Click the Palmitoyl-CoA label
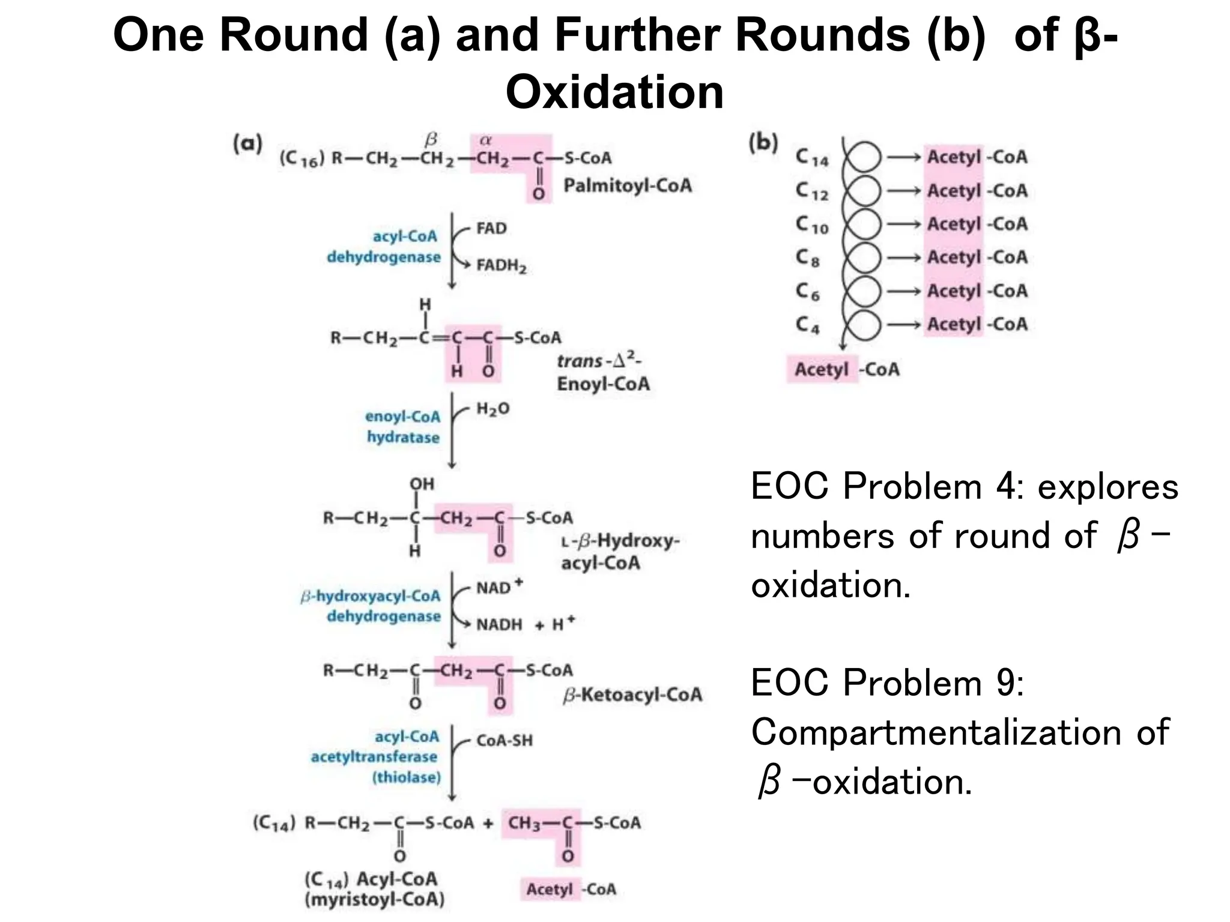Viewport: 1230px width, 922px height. [x=627, y=185]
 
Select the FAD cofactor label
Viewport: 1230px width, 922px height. [x=491, y=228]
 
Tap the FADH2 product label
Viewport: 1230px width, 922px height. [x=501, y=265]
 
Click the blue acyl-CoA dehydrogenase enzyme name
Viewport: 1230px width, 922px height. [x=384, y=247]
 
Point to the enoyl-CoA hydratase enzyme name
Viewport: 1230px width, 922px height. [x=403, y=427]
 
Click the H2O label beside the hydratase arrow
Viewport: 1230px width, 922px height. [x=492, y=409]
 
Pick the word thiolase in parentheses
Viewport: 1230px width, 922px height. [x=407, y=777]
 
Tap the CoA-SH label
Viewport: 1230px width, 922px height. [x=504, y=741]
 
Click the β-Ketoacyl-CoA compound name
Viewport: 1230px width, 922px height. [x=632, y=695]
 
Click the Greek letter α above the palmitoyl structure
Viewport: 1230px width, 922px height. [x=485, y=140]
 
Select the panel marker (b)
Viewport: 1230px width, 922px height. [x=763, y=143]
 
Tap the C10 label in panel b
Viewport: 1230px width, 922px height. [x=812, y=224]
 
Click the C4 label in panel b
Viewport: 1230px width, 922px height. [x=808, y=325]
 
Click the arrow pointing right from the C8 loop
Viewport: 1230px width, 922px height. [x=904, y=258]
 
